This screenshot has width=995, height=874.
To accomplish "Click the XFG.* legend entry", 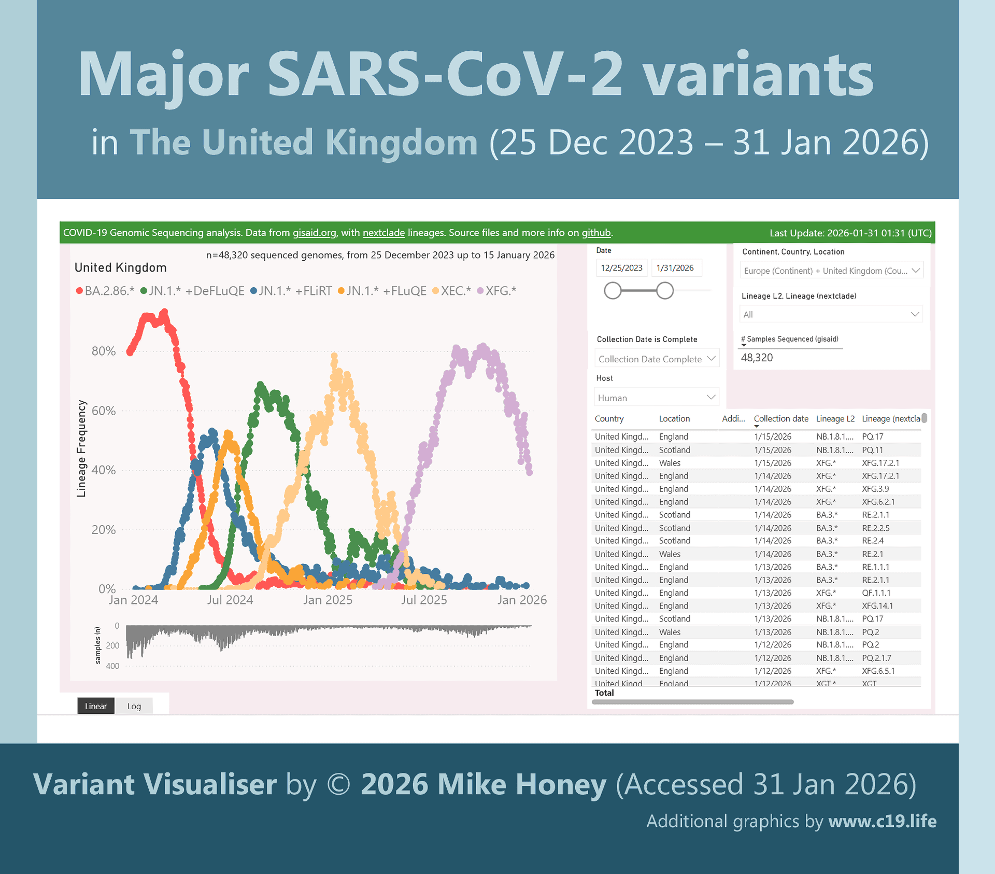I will (497, 291).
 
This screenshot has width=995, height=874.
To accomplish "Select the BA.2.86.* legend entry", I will (105, 291).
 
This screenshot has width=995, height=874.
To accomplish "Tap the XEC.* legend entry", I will (452, 291).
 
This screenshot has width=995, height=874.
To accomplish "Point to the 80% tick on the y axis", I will (104, 351).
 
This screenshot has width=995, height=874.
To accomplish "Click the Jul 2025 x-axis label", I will (423, 600).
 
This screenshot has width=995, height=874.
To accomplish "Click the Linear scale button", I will (96, 706).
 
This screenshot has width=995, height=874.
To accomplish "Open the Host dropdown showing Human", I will (656, 398).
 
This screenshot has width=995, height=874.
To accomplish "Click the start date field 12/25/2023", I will (621, 268).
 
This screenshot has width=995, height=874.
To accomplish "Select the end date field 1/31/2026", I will (675, 268).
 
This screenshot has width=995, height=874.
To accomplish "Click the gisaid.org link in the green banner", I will (314, 233).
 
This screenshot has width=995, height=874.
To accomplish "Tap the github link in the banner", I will (596, 233).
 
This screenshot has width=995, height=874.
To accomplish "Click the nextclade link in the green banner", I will (383, 233).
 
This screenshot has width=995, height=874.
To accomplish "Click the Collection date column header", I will (780, 418).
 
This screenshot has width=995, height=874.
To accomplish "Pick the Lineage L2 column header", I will (835, 418).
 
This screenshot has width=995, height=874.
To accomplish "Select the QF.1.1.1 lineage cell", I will (876, 593).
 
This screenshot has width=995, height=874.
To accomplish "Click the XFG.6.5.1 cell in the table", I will (878, 671).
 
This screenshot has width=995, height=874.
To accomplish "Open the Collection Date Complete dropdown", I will (657, 359).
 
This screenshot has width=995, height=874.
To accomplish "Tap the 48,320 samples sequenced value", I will (757, 358).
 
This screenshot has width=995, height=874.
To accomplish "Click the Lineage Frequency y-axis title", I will (81, 448).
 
